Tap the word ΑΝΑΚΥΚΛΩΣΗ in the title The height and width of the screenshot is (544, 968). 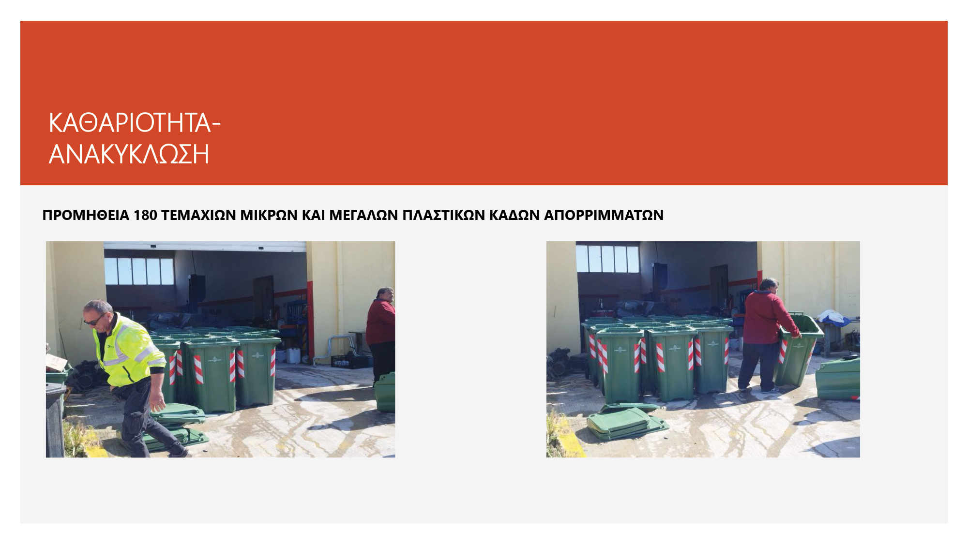click(129, 154)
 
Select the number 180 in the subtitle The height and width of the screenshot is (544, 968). click(145, 215)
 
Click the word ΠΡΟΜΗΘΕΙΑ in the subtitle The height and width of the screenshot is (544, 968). click(86, 215)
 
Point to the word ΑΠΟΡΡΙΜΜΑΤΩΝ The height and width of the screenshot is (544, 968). click(604, 215)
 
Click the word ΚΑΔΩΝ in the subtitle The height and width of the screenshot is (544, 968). click(514, 215)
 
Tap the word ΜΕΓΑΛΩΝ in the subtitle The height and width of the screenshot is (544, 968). click(363, 215)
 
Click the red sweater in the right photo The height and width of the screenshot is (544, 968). click(767, 318)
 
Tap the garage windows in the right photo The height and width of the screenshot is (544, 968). click(608, 259)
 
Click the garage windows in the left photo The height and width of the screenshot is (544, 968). click(139, 271)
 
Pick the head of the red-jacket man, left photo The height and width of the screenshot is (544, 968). click(385, 294)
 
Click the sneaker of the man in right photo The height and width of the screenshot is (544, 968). click(769, 389)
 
